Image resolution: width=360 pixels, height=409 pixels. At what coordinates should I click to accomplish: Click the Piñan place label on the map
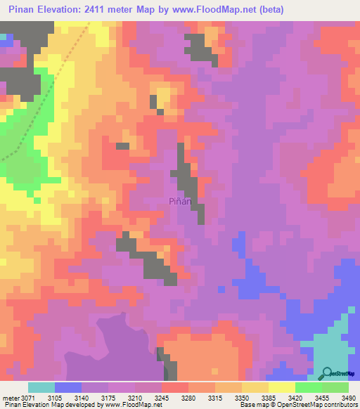tap(181, 201)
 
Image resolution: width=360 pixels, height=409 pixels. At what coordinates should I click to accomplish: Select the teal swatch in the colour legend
tap(41, 387)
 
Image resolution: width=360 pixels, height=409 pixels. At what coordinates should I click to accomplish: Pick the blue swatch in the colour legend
tap(68, 387)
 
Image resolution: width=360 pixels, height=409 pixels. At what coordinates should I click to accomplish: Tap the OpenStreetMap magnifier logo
tap(328, 372)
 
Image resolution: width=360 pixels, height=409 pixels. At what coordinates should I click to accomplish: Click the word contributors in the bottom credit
tap(338, 405)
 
